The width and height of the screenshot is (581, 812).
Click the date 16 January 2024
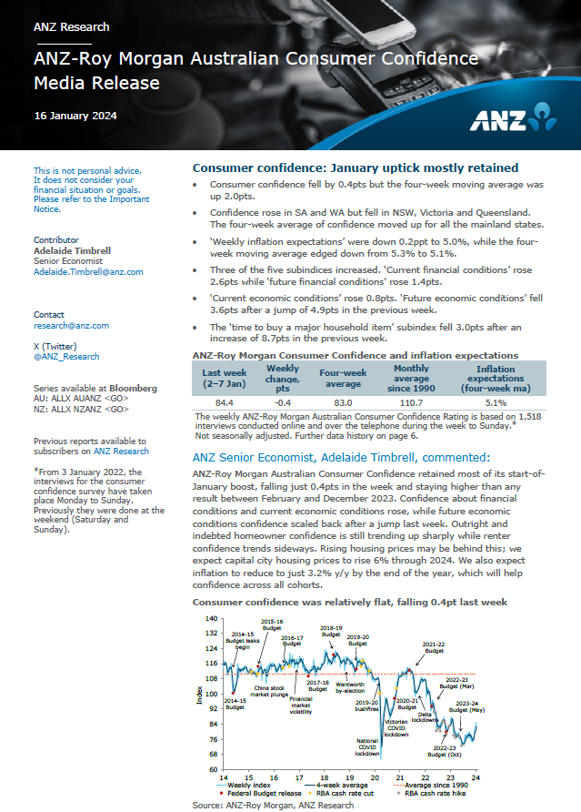(x=75, y=116)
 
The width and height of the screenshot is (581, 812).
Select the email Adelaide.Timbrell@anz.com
(x=88, y=271)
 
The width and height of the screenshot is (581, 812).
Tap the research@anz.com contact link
(x=71, y=325)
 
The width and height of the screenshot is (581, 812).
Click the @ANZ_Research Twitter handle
(x=66, y=356)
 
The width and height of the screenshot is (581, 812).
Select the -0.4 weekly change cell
(x=283, y=401)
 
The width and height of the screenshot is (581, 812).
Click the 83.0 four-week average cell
(x=342, y=401)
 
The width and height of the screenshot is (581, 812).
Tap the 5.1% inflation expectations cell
(x=496, y=401)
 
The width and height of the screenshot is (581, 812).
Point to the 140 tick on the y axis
(x=212, y=618)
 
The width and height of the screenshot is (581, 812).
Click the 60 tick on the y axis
(x=212, y=768)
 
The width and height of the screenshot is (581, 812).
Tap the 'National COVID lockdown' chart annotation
(x=367, y=747)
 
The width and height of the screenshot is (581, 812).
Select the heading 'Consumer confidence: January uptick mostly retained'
(x=356, y=167)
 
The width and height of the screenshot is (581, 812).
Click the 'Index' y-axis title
(x=199, y=695)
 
